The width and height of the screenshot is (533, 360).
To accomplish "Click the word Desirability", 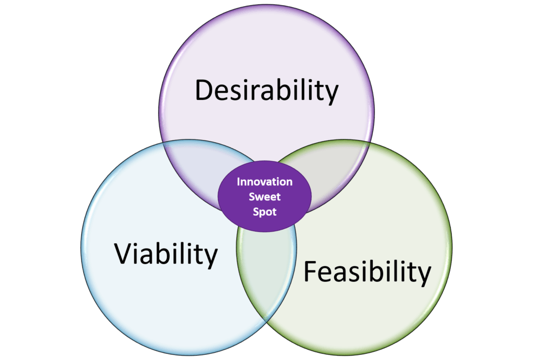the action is click(266, 91).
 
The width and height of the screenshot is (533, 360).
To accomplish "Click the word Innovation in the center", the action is click(264, 182).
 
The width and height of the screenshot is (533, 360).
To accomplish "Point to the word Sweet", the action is click(264, 197).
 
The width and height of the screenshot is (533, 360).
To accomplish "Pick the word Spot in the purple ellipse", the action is click(264, 212).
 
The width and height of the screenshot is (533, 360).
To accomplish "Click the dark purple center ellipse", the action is click(264, 196).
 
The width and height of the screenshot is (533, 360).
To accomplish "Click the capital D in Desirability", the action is click(204, 90).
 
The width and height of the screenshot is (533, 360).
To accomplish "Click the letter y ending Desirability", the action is click(331, 94).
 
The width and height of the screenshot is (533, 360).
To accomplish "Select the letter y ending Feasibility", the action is click(424, 276).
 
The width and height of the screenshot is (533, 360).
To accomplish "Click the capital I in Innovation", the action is click(238, 182).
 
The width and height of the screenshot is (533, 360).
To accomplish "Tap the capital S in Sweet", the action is click(252, 197).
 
